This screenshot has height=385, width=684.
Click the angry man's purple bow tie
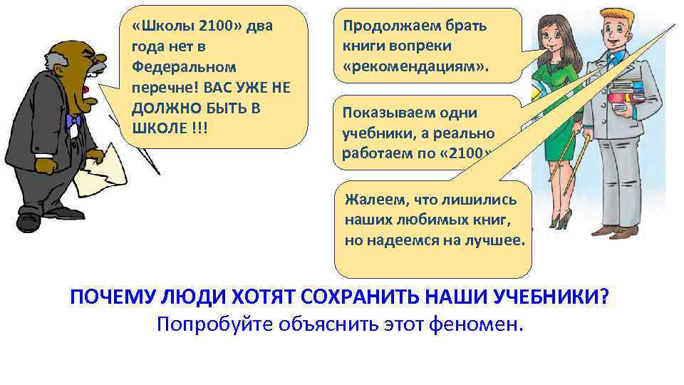73,120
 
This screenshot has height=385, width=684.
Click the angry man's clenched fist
46,165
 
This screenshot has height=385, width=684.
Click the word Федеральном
173,67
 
